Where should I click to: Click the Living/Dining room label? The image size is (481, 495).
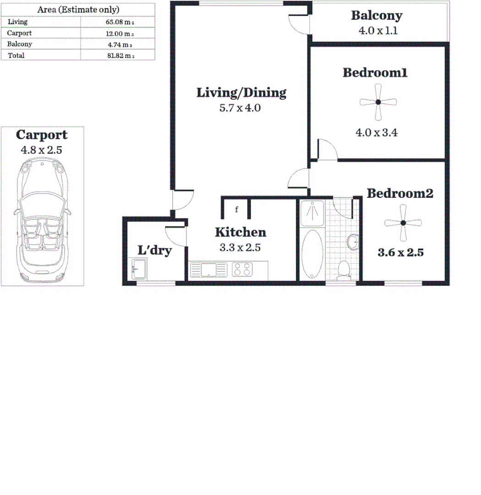[241, 93]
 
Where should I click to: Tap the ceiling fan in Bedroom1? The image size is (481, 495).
[378, 103]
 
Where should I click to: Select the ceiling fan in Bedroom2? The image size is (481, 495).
[403, 223]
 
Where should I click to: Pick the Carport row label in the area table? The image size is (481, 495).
[20, 33]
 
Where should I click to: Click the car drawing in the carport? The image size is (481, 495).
[42, 220]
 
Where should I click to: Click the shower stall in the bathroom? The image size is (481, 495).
[312, 213]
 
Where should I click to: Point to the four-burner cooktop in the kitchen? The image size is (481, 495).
[243, 269]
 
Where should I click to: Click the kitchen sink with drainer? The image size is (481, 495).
[208, 269]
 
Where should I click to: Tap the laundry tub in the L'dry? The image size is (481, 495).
[139, 269]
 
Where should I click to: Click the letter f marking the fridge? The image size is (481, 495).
[236, 210]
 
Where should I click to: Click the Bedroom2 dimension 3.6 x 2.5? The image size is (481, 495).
[400, 253]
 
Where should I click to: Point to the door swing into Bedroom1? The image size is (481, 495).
[327, 150]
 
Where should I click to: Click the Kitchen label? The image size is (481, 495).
[240, 232]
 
